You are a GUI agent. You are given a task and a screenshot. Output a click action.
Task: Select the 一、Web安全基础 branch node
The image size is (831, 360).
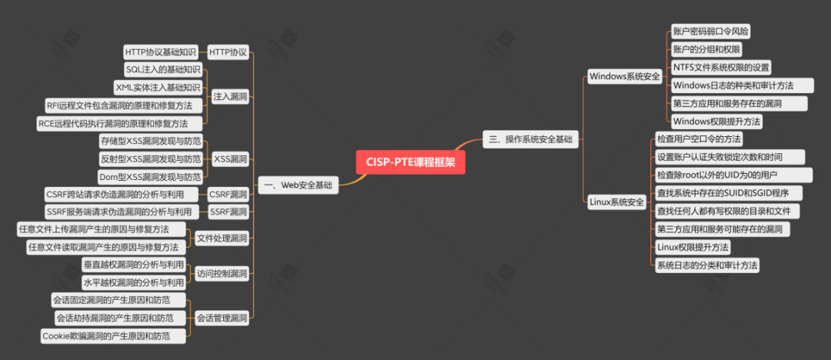point(298,185)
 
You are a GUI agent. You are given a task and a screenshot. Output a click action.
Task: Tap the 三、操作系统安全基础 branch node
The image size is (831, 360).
point(530,139)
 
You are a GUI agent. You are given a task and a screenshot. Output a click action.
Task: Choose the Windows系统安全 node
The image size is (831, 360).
point(624,76)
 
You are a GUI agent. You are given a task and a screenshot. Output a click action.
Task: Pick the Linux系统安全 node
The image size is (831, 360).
point(616,202)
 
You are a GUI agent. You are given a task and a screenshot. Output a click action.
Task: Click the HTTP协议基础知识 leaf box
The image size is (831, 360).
point(162,52)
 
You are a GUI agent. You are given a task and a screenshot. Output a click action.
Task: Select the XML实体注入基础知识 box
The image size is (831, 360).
point(158,88)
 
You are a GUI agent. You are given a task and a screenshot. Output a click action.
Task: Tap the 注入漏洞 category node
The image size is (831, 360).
point(230,97)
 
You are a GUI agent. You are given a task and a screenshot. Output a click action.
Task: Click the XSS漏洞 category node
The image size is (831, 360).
point(230,159)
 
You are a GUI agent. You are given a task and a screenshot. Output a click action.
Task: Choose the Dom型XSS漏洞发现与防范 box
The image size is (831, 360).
point(151,177)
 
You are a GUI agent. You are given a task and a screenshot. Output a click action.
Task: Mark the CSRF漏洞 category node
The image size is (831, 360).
point(229,194)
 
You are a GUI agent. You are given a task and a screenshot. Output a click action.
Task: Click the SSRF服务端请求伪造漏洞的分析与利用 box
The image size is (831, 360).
point(118,212)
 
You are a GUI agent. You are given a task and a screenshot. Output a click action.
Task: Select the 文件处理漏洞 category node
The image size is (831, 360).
point(222,238)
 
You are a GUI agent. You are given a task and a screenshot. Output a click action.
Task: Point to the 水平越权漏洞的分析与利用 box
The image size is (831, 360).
point(133,282)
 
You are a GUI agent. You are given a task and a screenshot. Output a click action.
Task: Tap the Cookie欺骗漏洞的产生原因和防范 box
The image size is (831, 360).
point(113,335)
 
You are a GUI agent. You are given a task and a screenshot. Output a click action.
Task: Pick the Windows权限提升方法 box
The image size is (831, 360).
point(716,122)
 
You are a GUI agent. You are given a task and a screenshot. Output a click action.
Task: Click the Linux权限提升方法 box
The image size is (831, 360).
point(692,247)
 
